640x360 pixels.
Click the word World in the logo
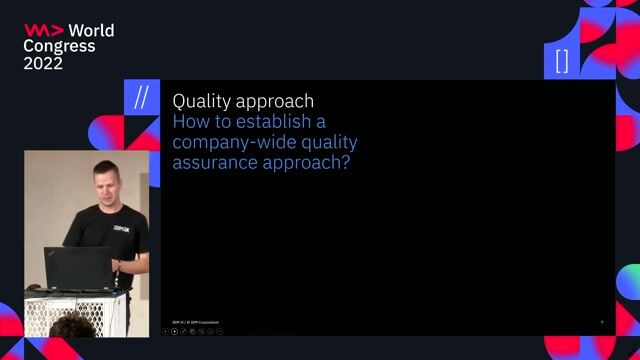(92, 30)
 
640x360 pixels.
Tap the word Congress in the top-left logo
(59, 46)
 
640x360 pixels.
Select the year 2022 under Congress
(43, 63)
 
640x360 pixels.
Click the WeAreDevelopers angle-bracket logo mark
(44, 30)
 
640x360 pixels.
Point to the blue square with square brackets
(561, 60)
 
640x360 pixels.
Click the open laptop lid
(78, 267)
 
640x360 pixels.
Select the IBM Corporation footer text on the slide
(196, 322)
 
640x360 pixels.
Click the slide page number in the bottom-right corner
(602, 322)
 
